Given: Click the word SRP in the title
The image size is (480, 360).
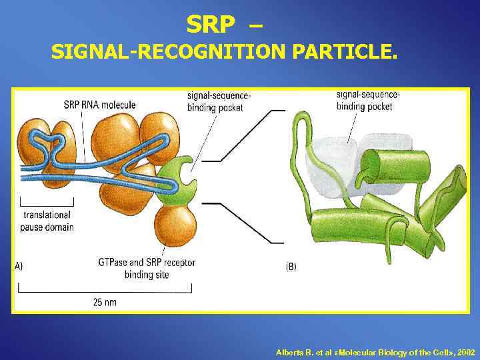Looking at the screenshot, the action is click(x=211, y=25).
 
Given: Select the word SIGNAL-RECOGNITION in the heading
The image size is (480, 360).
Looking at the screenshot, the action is click(x=169, y=52).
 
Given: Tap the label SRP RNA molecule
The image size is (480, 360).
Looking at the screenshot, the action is click(x=99, y=104).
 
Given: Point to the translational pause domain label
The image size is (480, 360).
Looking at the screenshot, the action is click(x=47, y=221).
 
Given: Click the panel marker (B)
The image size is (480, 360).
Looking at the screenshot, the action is click(x=291, y=267).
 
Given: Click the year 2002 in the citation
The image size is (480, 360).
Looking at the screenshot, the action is click(x=467, y=351).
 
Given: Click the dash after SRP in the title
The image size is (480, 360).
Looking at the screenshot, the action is click(x=255, y=25).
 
